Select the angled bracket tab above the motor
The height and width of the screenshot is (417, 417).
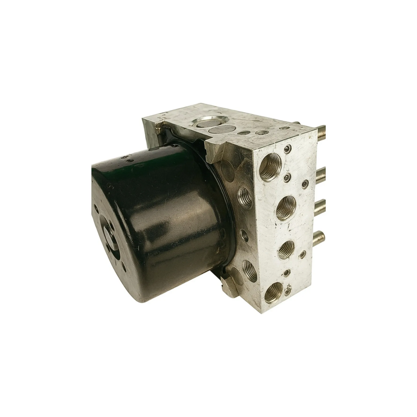pyautogui.click(x=214, y=150)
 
